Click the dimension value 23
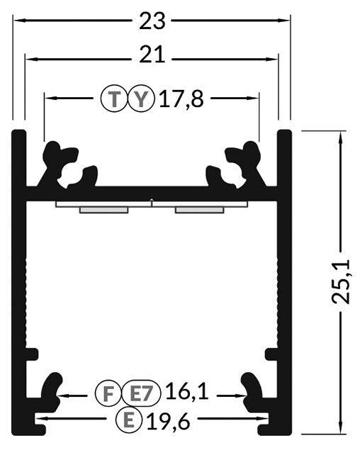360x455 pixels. coord(152,21)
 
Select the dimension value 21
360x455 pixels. coord(152,55)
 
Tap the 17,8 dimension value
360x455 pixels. coord(181,99)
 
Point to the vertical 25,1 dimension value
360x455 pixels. coord(341,282)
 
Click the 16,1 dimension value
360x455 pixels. coord(187,391)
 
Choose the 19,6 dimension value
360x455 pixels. coord(169,421)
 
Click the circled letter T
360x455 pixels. coord(115,99)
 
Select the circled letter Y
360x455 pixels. coord(141,99)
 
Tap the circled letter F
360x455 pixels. coord(108,393)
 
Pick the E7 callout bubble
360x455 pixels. coord(141,393)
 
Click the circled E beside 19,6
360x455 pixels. coord(129,420)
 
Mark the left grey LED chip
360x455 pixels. coord(104,210)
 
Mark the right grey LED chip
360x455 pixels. coord(199,210)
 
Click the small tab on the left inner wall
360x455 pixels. coord(32,354)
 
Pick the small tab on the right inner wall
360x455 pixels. coord(271,354)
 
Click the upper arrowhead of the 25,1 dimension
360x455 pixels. coord(341,136)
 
